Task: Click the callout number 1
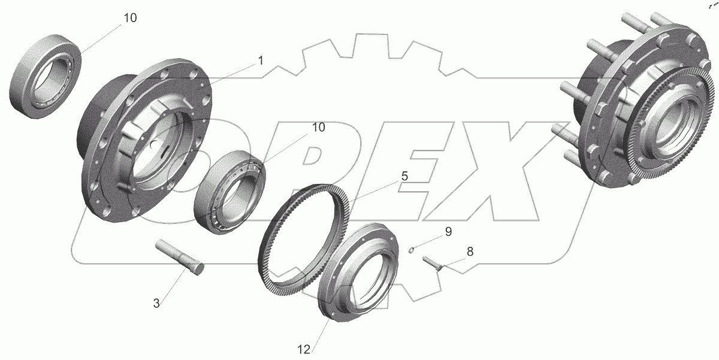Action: coord(261,60)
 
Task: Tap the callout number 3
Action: coord(156,303)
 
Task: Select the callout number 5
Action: coord(404,176)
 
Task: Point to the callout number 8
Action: coord(470,252)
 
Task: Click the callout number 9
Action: coord(448,231)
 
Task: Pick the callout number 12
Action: coord(304,349)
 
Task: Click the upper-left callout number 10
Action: coord(130,18)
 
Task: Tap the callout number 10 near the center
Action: coord(318,128)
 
